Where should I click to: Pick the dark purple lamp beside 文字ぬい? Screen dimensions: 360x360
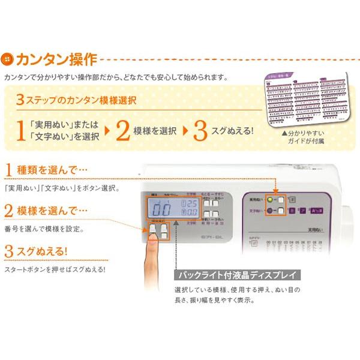coord(271,211)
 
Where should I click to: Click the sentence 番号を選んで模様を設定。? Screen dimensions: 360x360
coord(44,229)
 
